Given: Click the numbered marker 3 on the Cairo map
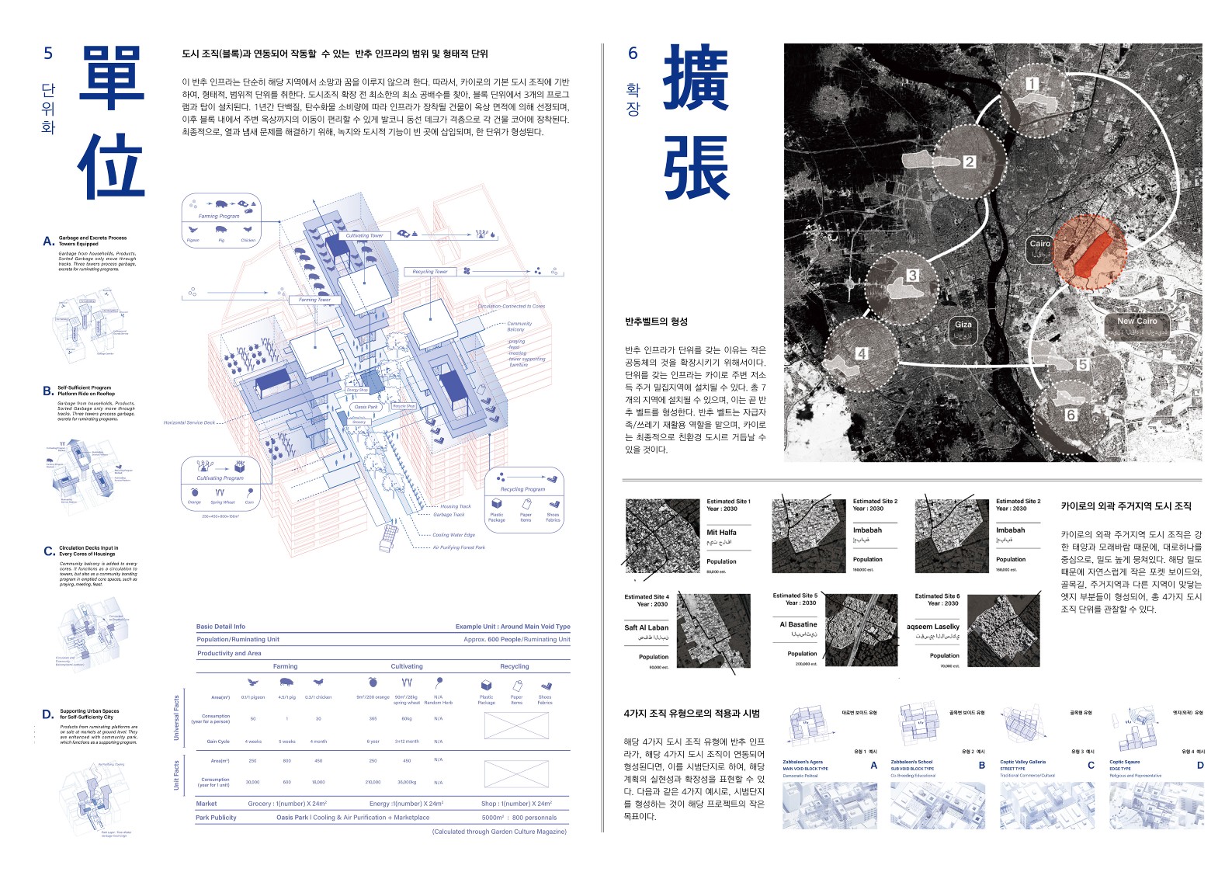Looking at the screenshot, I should pos(912,275).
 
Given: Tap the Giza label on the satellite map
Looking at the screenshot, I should pos(963,325).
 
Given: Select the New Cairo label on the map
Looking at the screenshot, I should pos(1137,321).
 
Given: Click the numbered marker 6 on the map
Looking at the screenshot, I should pos(1071,415).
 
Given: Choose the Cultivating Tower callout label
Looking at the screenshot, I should pos(364,235).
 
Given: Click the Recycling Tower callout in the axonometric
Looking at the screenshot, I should pos(430,272).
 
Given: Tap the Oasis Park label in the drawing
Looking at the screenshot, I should pos(366,407).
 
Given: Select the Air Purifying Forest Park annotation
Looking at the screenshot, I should pos(459,547).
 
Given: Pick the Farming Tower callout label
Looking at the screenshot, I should pos(314,299).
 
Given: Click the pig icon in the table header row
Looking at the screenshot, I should pos(286,683).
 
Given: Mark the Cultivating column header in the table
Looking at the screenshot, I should pos(407,666).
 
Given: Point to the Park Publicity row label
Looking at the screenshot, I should pos(216,817).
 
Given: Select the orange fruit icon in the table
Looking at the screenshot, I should pos(373,683).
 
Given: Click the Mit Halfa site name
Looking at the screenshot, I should pos(721,533).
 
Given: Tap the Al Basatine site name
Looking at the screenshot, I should pos(798,624).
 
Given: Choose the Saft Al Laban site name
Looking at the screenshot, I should pos(646,627).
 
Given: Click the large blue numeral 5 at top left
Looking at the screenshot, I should pos(48,54).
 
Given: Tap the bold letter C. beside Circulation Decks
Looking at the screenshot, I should pos(49,551).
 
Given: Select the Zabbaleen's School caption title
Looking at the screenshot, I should pos(911,762).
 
